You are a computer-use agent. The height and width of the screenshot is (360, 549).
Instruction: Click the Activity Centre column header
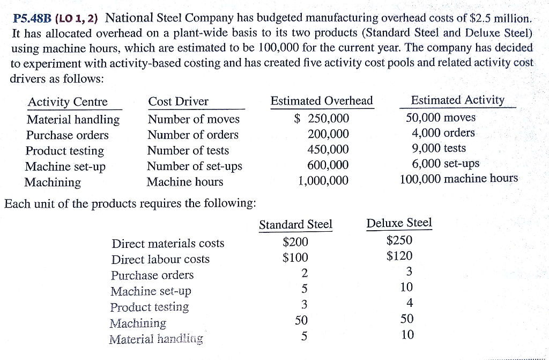pos(68,102)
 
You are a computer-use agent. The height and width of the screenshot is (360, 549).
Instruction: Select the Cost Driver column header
pos(179,102)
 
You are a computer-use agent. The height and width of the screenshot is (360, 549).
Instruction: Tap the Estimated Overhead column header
pos(322,101)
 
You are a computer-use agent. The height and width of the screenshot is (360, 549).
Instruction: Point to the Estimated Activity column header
pos(457,100)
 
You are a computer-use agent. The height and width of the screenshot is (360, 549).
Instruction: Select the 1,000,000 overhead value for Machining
pos(323,181)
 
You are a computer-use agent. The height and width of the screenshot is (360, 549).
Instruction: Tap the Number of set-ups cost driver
pos(195,166)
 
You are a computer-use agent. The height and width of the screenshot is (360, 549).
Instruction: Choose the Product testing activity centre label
pos(65,151)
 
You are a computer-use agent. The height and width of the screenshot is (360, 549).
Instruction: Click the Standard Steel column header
pos(295,224)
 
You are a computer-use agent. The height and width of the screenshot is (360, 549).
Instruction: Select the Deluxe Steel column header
pos(399,223)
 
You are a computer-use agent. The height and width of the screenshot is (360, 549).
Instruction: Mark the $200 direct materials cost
pos(295,243)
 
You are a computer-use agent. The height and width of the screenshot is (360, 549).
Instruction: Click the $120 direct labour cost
pos(399,256)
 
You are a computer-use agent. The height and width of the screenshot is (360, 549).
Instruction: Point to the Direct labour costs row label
pos(160,260)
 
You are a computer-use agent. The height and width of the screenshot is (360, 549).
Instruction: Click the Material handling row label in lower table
pos(156,339)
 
